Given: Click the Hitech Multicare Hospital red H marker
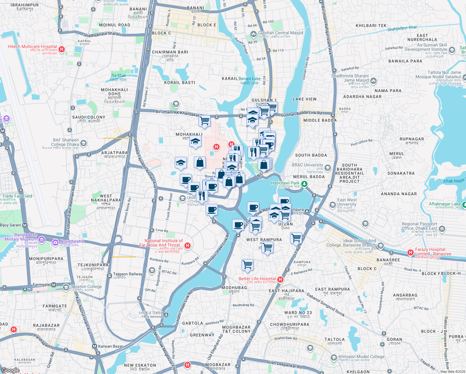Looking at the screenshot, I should tap(62, 49).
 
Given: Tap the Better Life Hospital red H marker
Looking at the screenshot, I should tap(280, 280).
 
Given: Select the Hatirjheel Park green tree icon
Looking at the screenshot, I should tap(304, 184).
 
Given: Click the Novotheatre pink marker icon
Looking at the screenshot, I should tap(55, 242).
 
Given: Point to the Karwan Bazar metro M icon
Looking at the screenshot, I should tap(94, 346).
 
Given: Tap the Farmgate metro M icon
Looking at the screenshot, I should tap(54, 285).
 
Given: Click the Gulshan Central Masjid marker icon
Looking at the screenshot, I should tap(253, 34).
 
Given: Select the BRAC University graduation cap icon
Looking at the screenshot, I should tap(327, 168).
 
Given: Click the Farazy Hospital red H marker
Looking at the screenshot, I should tap(411, 252).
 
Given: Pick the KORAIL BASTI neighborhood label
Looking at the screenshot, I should tap(180, 83).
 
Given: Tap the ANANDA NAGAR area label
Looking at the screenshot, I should tap(399, 194).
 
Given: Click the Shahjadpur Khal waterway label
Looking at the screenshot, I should tap(402, 28).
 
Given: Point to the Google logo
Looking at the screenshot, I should tap(11, 370).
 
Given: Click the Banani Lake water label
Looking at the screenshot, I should tap(250, 79).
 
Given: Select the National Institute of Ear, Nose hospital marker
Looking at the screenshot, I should tap(188, 246).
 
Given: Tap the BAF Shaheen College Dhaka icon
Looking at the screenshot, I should tap(83, 143).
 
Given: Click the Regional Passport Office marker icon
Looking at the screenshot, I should tap(442, 229).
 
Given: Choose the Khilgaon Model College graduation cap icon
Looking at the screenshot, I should tap(334, 357).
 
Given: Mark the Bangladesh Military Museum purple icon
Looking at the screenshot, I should tap(42, 240).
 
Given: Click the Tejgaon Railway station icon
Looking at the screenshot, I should tap(110, 275).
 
